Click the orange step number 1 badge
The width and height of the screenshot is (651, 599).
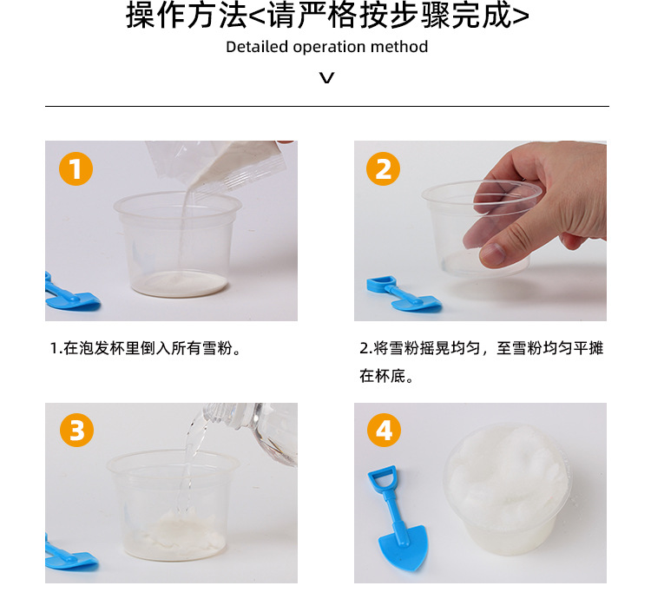(76, 168)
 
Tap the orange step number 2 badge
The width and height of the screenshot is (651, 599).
(383, 168)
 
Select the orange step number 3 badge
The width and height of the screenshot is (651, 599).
(76, 430)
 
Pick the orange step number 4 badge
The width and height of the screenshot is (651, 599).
(384, 430)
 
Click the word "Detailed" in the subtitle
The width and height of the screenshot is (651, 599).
(257, 47)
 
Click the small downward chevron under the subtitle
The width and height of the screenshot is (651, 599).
(326, 77)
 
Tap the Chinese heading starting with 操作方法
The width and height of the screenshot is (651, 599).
(327, 16)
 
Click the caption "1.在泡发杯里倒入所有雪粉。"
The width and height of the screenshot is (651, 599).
(145, 348)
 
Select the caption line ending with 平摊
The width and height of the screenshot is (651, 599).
(481, 348)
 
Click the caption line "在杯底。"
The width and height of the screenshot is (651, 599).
(386, 376)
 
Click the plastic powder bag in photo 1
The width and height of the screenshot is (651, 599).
(216, 165)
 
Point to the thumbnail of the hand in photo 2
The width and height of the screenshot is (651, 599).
(490, 254)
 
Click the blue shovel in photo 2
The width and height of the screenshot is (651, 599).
(404, 294)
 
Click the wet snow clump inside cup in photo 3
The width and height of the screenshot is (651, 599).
(176, 533)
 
